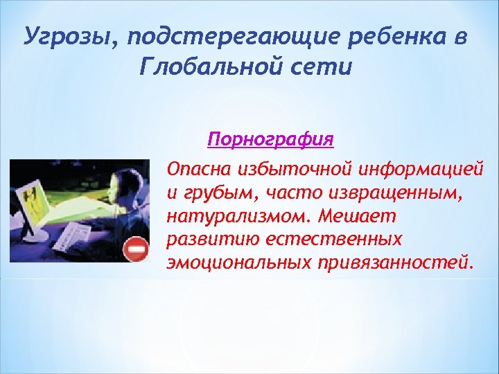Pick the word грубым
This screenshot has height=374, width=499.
pos(207,193)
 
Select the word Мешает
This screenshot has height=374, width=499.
pos(355,217)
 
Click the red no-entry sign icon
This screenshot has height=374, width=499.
pos(136,249)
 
